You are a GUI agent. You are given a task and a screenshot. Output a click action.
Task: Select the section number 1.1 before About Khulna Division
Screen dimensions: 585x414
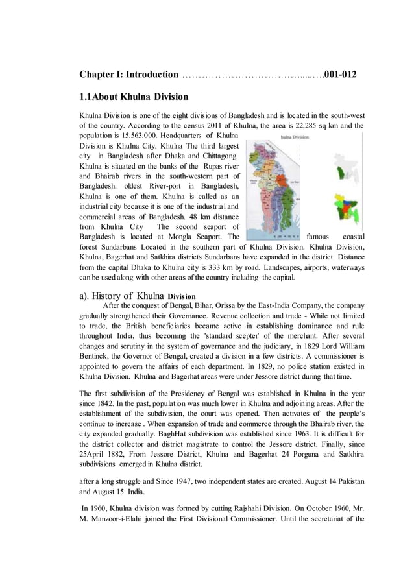[86, 97]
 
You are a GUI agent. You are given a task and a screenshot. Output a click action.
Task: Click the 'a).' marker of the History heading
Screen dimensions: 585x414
[85, 296]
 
